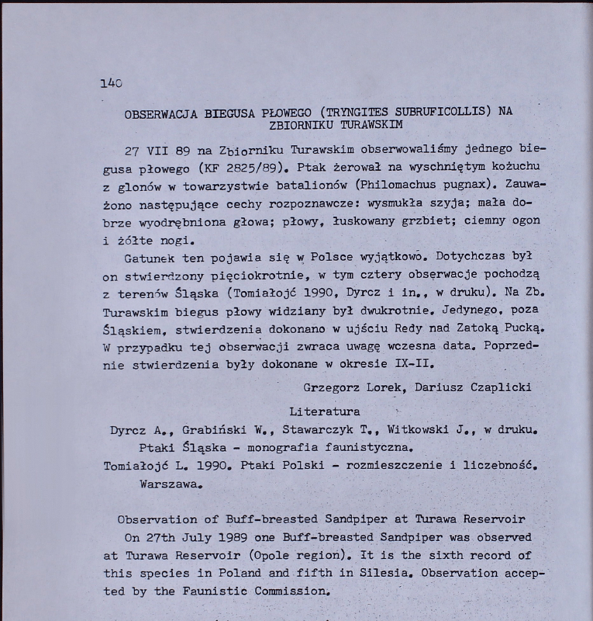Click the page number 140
(112, 82)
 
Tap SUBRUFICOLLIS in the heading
(436, 112)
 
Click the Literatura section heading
(324, 411)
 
